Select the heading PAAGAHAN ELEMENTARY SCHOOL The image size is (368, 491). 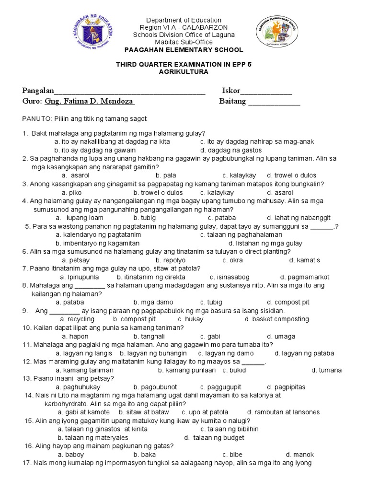tap(184, 50)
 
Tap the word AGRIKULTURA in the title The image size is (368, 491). tap(184, 71)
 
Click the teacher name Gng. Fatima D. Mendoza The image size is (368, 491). tap(89, 101)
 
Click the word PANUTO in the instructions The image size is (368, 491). tap(36, 118)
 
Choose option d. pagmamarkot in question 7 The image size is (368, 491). tap(305, 277)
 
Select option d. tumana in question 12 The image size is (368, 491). tap(326, 370)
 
